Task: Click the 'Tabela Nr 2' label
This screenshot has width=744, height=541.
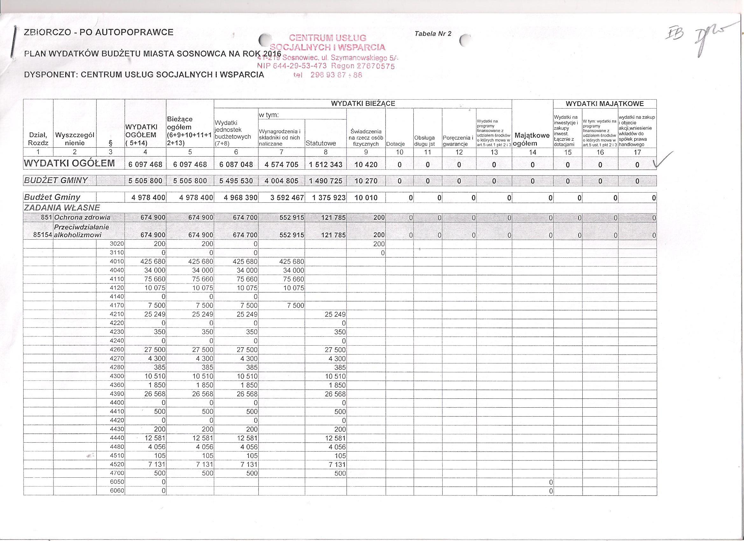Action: tap(433, 33)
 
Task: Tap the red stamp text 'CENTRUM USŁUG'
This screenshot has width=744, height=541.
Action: tap(328, 38)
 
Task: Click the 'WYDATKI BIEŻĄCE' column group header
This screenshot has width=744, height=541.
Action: tap(363, 104)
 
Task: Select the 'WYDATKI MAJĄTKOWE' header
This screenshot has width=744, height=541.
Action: tap(605, 104)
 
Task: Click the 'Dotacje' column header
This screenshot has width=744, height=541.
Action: tap(395, 144)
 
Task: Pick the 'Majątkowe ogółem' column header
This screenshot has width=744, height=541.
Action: tap(532, 139)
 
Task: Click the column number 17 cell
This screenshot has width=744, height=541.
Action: tap(637, 152)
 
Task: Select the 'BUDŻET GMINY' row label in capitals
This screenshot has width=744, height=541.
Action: tap(56, 180)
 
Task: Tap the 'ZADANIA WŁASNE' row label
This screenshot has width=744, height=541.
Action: tap(62, 208)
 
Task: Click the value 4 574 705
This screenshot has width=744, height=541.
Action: tap(281, 164)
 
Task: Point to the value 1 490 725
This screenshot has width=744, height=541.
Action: tap(326, 181)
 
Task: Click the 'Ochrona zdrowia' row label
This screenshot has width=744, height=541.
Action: tap(82, 217)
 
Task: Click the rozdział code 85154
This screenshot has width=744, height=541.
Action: tap(43, 235)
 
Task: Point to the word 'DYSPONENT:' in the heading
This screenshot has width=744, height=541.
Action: tap(51, 74)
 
